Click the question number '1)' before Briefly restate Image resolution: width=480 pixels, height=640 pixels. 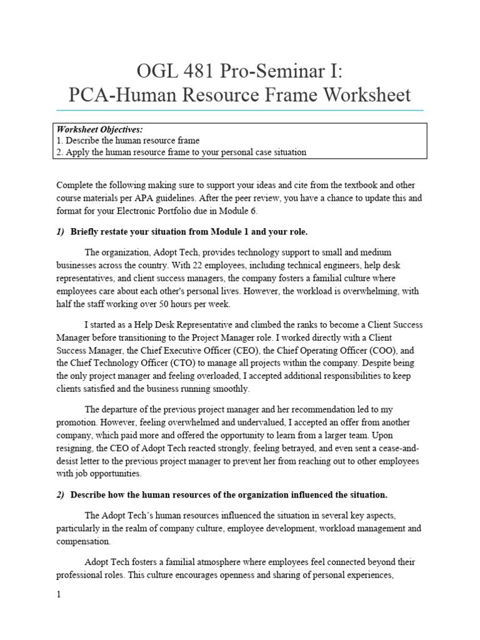coord(61,232)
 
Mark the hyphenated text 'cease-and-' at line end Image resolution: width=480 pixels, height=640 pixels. coord(397,448)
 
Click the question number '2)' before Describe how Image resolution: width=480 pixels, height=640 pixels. coord(61,495)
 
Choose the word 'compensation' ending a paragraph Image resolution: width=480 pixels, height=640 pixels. coord(84,541)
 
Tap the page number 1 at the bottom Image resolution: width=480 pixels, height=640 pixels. coord(59,595)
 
